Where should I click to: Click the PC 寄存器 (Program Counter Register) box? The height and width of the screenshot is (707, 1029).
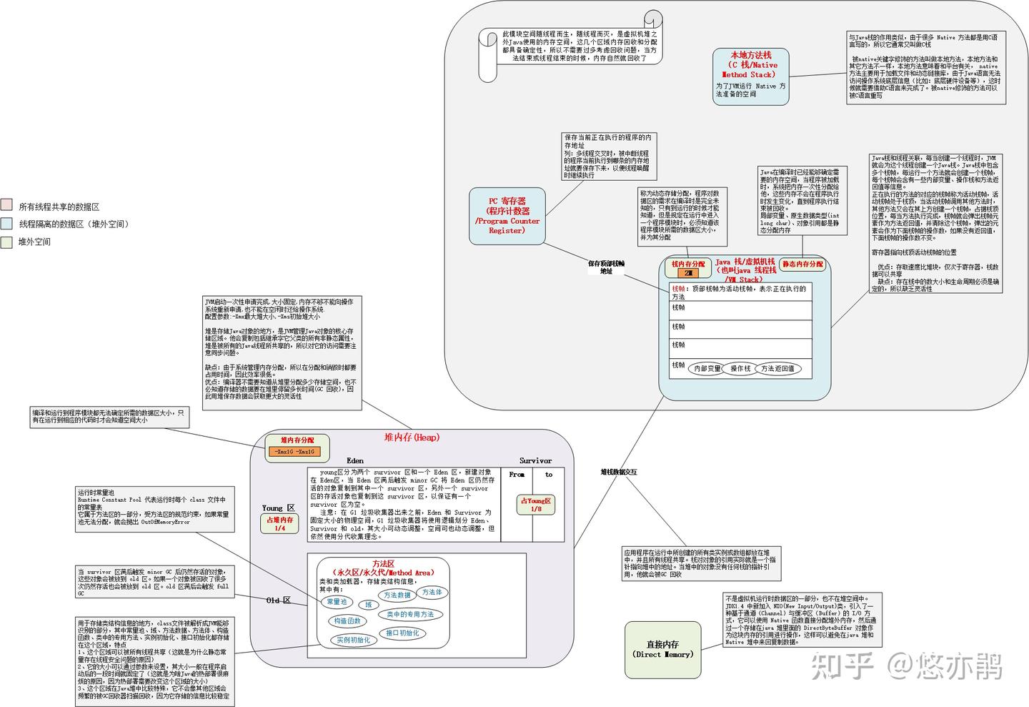(x=507, y=215)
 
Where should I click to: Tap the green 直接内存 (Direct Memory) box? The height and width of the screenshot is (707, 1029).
(x=663, y=649)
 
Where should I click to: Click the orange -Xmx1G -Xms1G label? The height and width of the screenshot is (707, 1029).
(x=297, y=452)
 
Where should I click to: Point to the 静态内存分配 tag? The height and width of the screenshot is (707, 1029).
(x=802, y=264)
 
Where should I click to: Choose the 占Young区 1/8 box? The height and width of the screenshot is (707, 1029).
(x=536, y=505)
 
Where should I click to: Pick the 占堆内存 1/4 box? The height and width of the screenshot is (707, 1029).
(x=279, y=524)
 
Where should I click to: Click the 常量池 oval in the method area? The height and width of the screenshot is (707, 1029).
(x=337, y=602)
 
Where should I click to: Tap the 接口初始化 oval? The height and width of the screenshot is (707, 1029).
(x=402, y=633)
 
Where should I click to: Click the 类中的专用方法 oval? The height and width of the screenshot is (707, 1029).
(x=410, y=614)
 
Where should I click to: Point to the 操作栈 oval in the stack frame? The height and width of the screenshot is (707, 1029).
(x=740, y=369)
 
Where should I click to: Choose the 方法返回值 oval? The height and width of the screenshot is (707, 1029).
(x=777, y=369)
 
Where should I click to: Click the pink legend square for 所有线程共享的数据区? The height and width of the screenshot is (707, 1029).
(x=6, y=206)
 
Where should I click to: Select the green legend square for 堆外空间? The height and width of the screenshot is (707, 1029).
(x=6, y=242)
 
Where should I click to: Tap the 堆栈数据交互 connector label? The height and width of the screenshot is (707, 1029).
(x=618, y=472)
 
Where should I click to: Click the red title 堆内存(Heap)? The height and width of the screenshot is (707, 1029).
(x=412, y=437)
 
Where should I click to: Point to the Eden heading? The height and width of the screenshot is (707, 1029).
(x=355, y=461)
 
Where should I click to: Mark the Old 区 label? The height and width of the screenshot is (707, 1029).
(x=278, y=600)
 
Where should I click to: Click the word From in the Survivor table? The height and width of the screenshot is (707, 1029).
(x=517, y=475)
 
